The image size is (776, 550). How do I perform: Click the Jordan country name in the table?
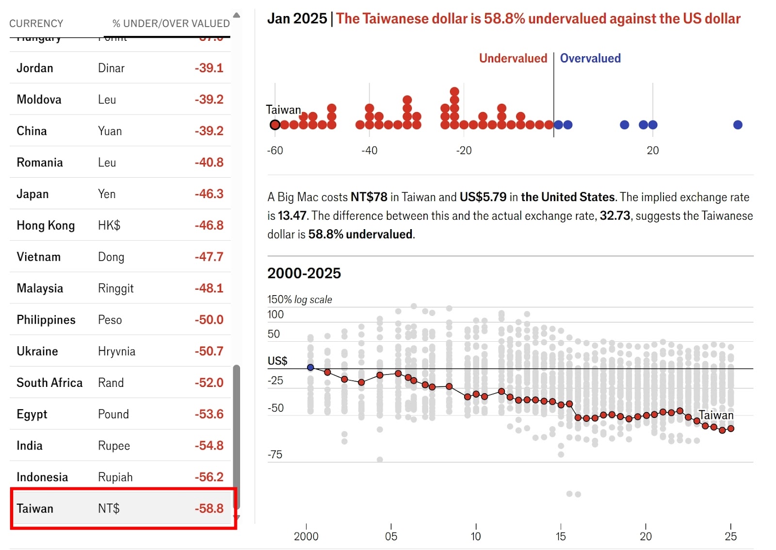pyautogui.click(x=35, y=68)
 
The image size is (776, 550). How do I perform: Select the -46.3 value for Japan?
pyautogui.click(x=209, y=194)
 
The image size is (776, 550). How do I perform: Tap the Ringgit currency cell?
pyautogui.click(x=115, y=288)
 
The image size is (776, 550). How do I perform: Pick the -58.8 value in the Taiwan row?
pyautogui.click(x=209, y=508)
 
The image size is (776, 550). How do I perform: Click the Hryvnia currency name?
pyautogui.click(x=116, y=351)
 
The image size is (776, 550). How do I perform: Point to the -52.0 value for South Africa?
pyautogui.click(x=209, y=383)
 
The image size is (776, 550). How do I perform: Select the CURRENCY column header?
pyautogui.click(x=36, y=23)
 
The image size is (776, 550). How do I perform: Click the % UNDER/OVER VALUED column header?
pyautogui.click(x=171, y=23)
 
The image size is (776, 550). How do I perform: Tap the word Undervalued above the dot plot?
pyautogui.click(x=513, y=58)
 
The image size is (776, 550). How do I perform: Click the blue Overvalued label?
pyautogui.click(x=590, y=58)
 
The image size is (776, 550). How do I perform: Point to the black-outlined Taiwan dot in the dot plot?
pyautogui.click(x=275, y=125)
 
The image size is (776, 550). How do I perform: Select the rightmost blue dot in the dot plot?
pyautogui.click(x=738, y=125)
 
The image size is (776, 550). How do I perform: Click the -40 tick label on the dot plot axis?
pyautogui.click(x=369, y=150)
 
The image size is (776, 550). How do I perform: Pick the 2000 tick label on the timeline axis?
pyautogui.click(x=306, y=536)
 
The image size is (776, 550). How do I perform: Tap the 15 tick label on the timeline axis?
pyautogui.click(x=561, y=536)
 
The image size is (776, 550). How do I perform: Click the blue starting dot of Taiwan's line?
pyautogui.click(x=310, y=367)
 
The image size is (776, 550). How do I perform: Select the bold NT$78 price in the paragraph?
pyautogui.click(x=369, y=197)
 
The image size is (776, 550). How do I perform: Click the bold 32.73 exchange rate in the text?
pyautogui.click(x=615, y=216)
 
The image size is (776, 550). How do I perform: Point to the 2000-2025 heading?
pyautogui.click(x=304, y=273)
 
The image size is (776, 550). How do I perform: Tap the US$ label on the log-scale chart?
pyautogui.click(x=277, y=361)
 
